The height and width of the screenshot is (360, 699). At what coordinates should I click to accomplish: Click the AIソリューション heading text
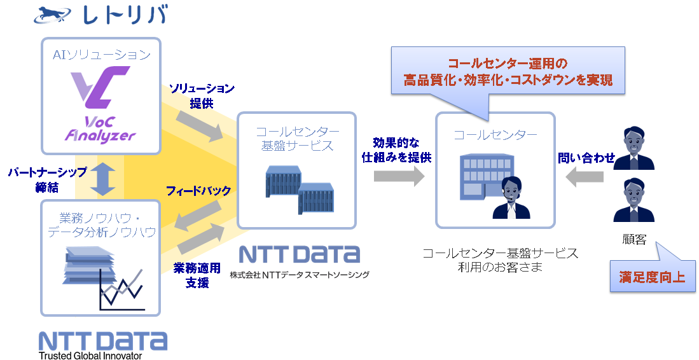tap(101, 55)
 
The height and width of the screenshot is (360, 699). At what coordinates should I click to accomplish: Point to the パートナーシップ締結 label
tap(47, 179)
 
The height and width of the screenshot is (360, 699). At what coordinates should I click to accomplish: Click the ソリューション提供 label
tap(202, 96)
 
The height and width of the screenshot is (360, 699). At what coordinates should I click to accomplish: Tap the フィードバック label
tap(198, 191)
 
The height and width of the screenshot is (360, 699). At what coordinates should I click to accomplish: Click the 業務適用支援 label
tap(197, 275)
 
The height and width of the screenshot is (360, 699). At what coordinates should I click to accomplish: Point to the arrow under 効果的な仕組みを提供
tap(399, 176)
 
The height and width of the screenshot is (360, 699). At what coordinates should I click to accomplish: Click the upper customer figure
tap(633, 148)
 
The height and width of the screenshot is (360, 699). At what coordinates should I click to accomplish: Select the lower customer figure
tap(633, 200)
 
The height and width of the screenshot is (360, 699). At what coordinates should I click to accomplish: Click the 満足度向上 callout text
tap(652, 277)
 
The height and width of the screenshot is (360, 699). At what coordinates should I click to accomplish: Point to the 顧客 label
tap(634, 239)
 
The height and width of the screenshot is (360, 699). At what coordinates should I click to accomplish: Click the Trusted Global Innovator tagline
tap(90, 356)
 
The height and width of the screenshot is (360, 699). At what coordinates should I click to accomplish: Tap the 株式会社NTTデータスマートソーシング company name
tap(300, 275)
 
